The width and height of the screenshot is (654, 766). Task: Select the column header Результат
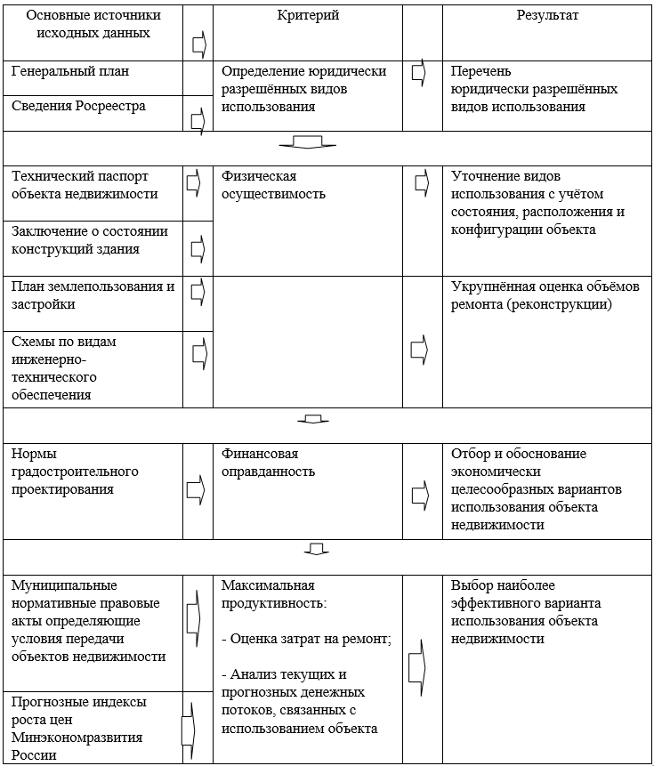tap(548, 16)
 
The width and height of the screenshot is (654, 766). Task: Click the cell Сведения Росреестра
tap(78, 105)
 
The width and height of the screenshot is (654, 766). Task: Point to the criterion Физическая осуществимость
tap(273, 185)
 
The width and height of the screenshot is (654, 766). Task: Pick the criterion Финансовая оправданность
tap(268, 463)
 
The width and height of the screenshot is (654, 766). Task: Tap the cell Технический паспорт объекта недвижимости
tap(85, 185)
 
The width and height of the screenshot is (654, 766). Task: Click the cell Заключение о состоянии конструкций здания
tap(90, 240)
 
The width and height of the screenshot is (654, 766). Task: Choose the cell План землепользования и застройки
tap(93, 295)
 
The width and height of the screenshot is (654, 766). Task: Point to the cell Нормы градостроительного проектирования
tap(75, 472)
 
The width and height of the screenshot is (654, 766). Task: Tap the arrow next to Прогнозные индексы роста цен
tap(188, 728)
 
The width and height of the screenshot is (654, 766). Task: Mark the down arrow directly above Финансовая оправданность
tap(311, 418)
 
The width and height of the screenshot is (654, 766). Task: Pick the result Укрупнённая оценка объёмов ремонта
tap(545, 295)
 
